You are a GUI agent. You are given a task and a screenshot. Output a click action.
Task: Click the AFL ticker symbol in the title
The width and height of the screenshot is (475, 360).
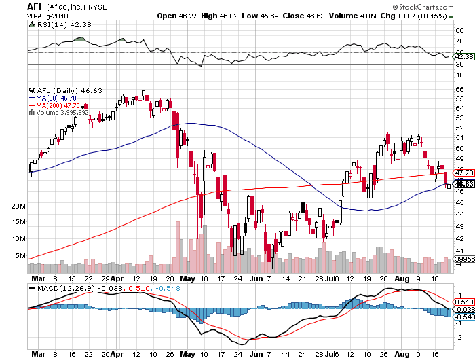(x=36, y=6)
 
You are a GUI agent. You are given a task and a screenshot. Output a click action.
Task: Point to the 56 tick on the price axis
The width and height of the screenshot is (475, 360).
(x=459, y=88)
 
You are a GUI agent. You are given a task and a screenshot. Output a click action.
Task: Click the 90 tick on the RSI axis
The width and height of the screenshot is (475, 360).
(x=459, y=30)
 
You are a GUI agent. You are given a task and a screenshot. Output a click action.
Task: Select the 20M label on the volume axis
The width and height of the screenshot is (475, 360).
(x=18, y=205)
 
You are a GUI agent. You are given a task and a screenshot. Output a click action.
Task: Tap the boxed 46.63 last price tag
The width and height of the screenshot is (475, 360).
(x=464, y=184)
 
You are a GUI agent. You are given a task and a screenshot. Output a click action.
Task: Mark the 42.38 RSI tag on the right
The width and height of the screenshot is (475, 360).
(x=465, y=56)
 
